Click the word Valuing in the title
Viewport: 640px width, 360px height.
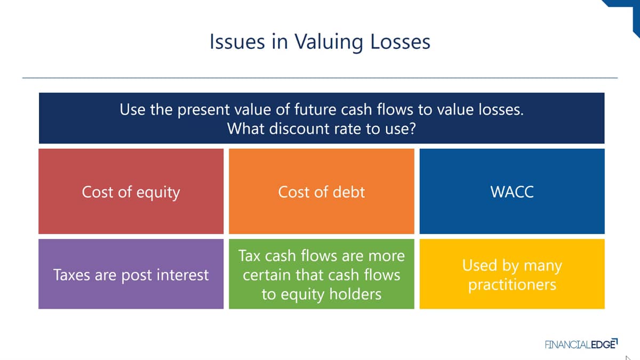pyautogui.click(x=329, y=42)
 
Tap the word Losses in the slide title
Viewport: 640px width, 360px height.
pyautogui.click(x=400, y=42)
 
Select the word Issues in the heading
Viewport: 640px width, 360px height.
pyautogui.click(x=237, y=42)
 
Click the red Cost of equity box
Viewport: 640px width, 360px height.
pyautogui.click(x=131, y=191)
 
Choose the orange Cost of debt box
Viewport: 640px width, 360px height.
pyautogui.click(x=322, y=191)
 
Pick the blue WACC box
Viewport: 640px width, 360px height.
pyautogui.click(x=512, y=191)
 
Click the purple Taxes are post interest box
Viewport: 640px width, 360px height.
pyautogui.click(x=131, y=274)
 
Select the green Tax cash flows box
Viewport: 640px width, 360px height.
pyautogui.click(x=322, y=274)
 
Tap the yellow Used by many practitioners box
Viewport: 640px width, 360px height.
pyautogui.click(x=512, y=274)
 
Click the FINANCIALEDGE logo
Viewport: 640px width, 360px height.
pyautogui.click(x=581, y=344)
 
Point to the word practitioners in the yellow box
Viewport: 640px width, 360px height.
pyautogui.click(x=513, y=285)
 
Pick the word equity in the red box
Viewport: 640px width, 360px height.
pyautogui.click(x=158, y=193)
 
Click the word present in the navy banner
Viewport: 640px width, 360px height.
pyautogui.click(x=203, y=110)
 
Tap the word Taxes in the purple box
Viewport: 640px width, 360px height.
pyautogui.click(x=71, y=275)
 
